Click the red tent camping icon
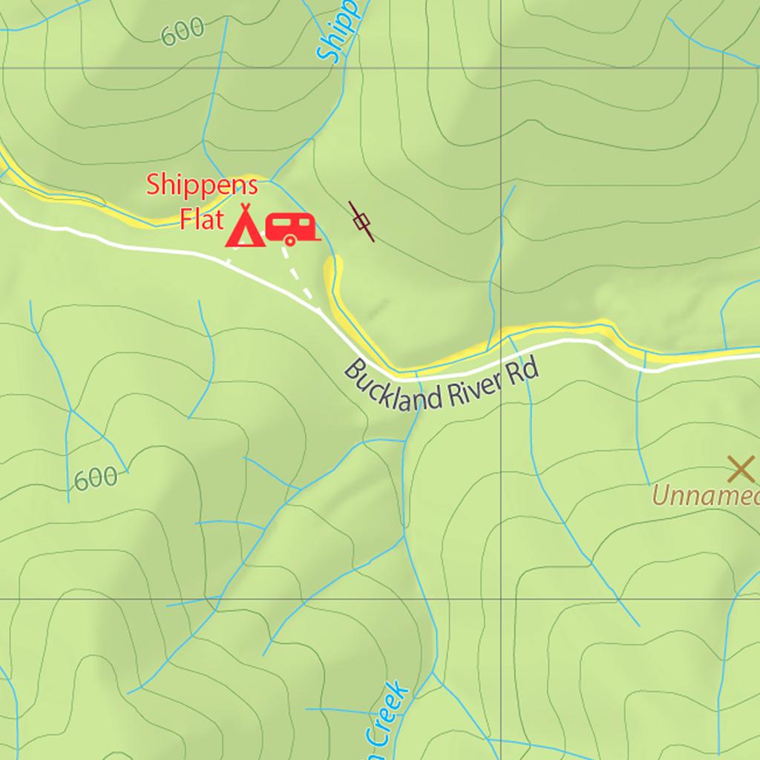244,227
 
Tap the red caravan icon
291,229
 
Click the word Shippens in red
202,186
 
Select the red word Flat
201,220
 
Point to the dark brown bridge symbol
361,221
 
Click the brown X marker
740,469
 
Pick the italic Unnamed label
705,496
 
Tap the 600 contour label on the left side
96,479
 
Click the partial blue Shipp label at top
338,33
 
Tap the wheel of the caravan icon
289,240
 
